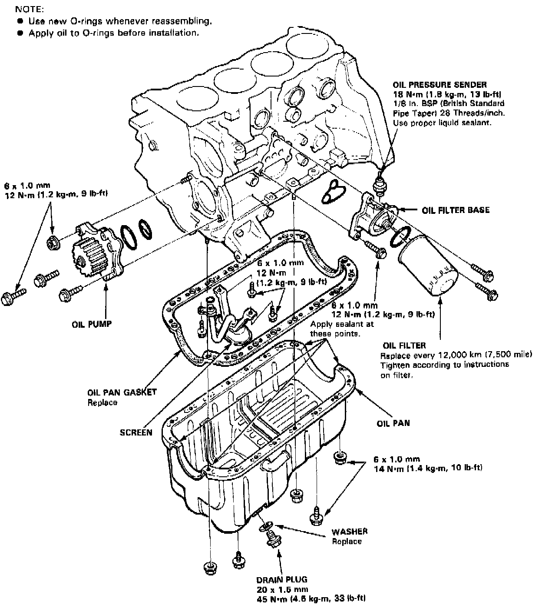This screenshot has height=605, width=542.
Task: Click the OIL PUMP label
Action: coord(92,324)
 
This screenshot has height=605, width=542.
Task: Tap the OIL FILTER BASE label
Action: coord(456,210)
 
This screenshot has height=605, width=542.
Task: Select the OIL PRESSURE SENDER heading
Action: coord(440,85)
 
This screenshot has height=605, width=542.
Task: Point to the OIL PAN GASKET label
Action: coord(122,392)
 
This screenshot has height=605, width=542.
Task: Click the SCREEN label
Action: coord(136,432)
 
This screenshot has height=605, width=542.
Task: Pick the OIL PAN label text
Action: coord(393,422)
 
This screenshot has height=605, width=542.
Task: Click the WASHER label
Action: coord(350,531)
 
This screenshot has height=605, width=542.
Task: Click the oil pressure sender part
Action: coord(380,185)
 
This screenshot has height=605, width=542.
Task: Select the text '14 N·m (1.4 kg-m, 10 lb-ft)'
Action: coord(428,468)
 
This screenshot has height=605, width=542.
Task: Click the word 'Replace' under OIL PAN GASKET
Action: coord(102,402)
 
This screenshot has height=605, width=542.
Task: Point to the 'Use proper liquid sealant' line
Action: coord(443,123)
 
